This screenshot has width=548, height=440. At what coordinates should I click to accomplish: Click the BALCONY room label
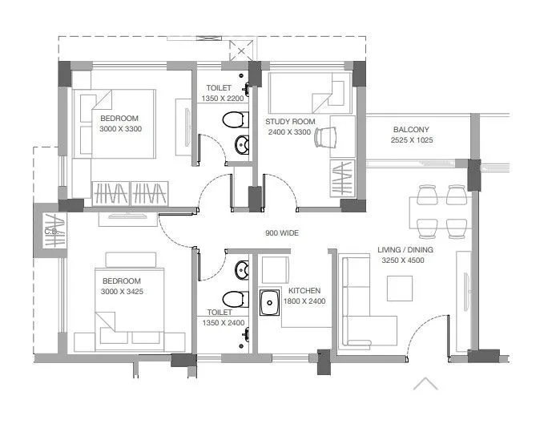[x=411, y=130]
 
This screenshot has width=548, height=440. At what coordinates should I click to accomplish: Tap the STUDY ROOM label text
[x=290, y=122]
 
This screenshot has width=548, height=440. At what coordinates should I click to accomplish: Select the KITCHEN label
[x=304, y=291]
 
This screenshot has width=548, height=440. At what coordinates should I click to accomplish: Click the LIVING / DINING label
[x=405, y=250]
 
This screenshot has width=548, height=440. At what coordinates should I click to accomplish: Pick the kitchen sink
[x=269, y=304]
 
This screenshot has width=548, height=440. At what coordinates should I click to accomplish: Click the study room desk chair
[x=323, y=138]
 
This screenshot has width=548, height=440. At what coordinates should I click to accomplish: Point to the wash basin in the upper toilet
[x=241, y=145]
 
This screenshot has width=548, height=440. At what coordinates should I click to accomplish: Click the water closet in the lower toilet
[x=232, y=297]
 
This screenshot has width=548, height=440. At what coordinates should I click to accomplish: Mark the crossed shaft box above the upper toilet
[x=240, y=50]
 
